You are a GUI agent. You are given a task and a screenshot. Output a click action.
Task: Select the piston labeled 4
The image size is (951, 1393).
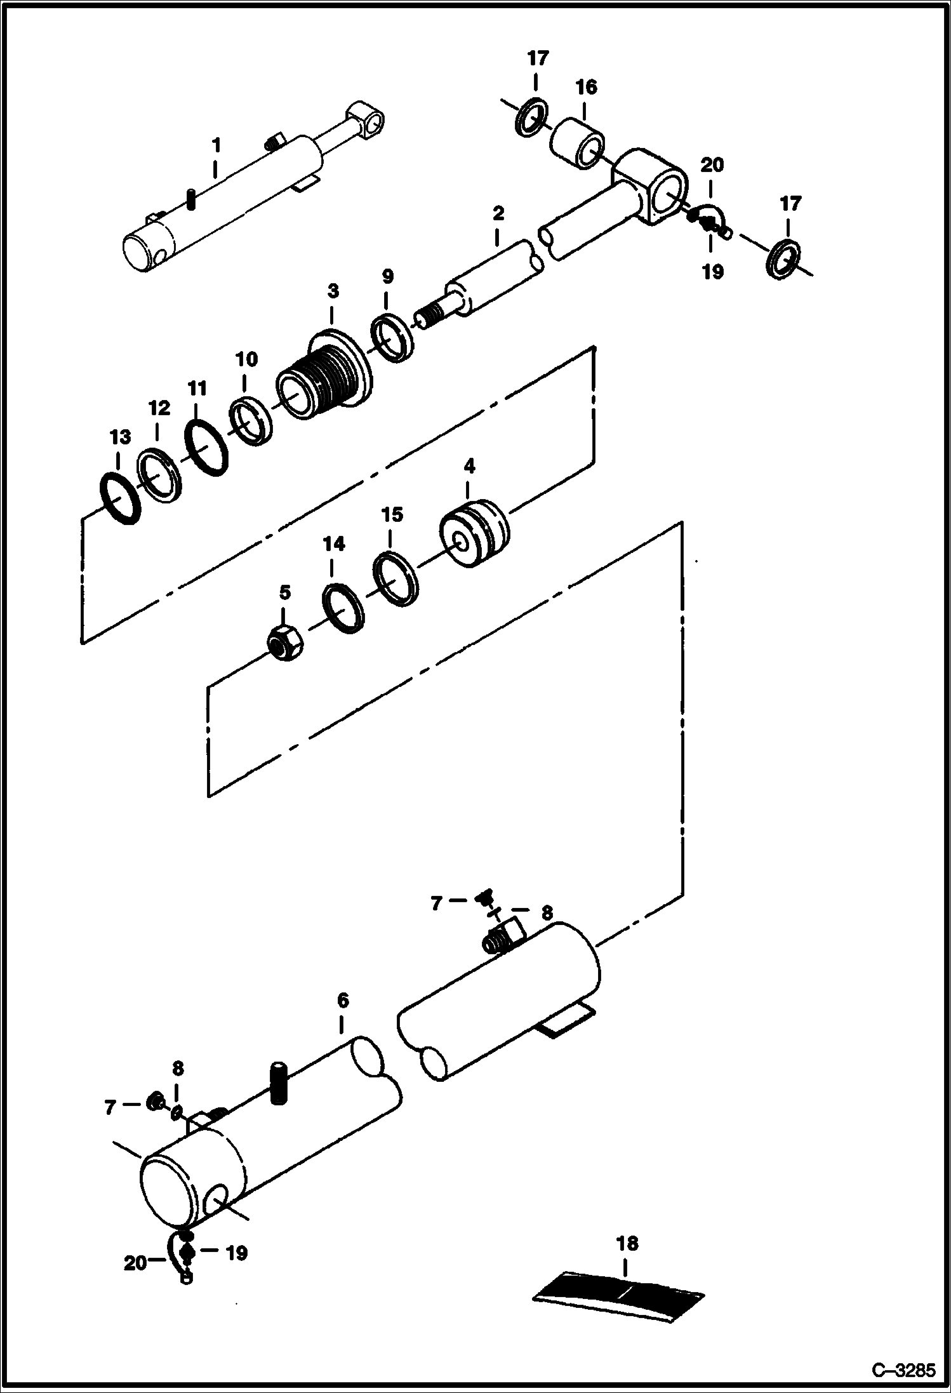(474, 533)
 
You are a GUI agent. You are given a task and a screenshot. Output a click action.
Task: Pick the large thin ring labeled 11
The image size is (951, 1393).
(206, 446)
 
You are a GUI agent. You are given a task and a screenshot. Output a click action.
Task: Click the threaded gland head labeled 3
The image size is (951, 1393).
(326, 377)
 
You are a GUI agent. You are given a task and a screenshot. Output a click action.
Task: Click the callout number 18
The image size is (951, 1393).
(627, 1243)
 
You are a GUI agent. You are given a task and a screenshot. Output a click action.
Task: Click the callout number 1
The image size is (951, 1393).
(216, 145)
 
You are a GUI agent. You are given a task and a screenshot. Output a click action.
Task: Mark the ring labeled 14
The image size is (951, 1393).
(343, 608)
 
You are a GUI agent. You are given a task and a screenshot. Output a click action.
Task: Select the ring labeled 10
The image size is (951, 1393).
(251, 420)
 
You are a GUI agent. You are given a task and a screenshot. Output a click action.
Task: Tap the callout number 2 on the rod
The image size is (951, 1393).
(498, 213)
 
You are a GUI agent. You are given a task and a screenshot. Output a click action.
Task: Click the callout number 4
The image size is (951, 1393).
(469, 466)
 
